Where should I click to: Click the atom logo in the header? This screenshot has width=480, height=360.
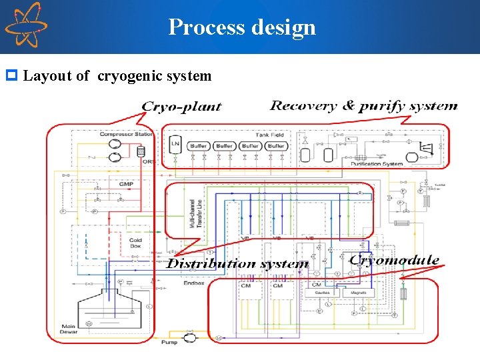[25, 25]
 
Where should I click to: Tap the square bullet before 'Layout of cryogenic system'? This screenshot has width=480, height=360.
[11, 75]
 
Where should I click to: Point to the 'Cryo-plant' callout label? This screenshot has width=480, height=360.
[181, 107]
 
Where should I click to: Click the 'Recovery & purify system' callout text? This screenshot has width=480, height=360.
[363, 105]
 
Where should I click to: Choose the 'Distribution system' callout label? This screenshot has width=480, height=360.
[237, 264]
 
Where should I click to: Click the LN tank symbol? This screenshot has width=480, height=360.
[175, 145]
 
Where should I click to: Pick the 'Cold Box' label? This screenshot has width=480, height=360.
[135, 243]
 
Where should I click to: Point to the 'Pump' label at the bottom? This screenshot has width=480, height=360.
[169, 343]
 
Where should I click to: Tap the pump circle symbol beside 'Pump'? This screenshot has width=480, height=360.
[190, 338]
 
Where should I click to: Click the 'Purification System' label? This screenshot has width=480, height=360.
[377, 163]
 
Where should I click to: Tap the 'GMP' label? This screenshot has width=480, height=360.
[126, 184]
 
